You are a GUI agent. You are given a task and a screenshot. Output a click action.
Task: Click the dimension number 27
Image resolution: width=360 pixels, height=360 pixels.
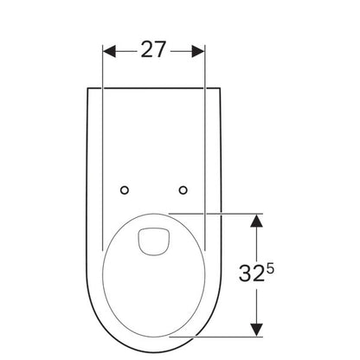click(x=153, y=49)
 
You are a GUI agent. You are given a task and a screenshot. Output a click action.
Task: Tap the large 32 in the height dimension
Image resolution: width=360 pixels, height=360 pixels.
click(x=251, y=273)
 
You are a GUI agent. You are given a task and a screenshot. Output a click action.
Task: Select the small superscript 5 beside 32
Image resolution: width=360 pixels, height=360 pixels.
click(x=269, y=269)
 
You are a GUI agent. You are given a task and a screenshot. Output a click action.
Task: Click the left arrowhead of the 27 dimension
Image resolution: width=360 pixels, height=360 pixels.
click(x=109, y=51)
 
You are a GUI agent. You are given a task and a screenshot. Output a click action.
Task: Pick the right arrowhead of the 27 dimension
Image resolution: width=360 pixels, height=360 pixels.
click(x=198, y=51)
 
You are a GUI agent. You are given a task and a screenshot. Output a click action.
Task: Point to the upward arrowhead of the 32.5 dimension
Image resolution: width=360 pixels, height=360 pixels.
click(x=256, y=221)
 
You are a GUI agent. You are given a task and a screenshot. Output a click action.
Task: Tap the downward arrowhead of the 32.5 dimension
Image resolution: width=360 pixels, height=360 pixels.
click(x=256, y=330)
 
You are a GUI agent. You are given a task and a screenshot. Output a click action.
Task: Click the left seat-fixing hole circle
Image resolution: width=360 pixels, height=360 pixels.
click(x=125, y=190)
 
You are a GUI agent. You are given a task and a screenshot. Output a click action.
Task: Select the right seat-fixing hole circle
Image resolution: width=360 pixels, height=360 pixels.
click(x=183, y=190)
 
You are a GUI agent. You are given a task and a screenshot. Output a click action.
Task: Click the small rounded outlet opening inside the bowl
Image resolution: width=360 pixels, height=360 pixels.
click(x=153, y=241)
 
